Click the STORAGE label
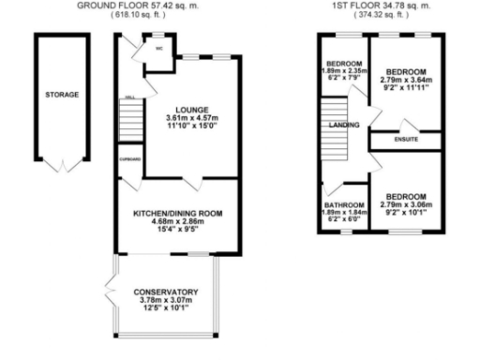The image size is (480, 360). coord(62,95)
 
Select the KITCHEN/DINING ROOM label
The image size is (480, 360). coord(177,214)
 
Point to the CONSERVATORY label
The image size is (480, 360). coord(165,291)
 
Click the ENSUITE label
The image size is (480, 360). coord(406,140)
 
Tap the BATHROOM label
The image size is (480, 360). coord(344,205)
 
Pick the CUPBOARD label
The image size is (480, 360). coord(129,159)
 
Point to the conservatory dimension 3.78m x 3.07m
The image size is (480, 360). coord(165,300)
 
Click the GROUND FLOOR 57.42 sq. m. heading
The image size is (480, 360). coord(165,6)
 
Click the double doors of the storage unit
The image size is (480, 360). coord(62,166)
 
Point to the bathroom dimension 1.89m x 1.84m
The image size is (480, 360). coord(344,213)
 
